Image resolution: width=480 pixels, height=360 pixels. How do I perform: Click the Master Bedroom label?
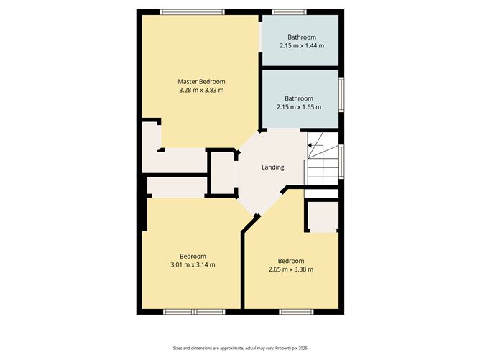201,82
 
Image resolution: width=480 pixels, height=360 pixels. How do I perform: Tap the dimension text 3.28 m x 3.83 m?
201,91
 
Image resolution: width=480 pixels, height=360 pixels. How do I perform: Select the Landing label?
273,167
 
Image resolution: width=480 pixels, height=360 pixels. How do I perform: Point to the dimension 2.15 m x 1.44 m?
302,45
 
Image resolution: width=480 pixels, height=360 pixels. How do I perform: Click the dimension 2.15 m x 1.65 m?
299,107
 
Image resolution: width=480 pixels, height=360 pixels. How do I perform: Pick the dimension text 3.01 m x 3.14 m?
193,265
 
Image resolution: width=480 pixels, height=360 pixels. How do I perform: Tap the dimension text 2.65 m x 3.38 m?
291,269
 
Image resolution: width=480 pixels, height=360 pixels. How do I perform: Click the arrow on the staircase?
310,145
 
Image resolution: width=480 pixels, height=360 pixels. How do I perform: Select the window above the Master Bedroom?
193,12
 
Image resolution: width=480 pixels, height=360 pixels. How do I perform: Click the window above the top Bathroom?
290,12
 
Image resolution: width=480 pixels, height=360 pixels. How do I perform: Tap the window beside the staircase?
341,162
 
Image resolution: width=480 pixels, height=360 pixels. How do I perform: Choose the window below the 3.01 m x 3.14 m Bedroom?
194,312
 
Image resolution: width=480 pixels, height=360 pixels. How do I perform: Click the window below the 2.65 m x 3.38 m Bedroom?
296,312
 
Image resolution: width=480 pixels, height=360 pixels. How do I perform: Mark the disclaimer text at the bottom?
240,348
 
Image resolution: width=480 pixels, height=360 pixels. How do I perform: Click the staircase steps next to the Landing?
323,159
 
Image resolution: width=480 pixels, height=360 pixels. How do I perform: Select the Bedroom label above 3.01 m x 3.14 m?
193,257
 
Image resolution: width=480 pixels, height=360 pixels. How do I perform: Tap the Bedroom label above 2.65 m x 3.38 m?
291,261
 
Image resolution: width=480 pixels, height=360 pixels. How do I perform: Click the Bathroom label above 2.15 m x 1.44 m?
302,37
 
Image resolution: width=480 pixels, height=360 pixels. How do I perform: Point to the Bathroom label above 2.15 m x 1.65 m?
299,98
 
